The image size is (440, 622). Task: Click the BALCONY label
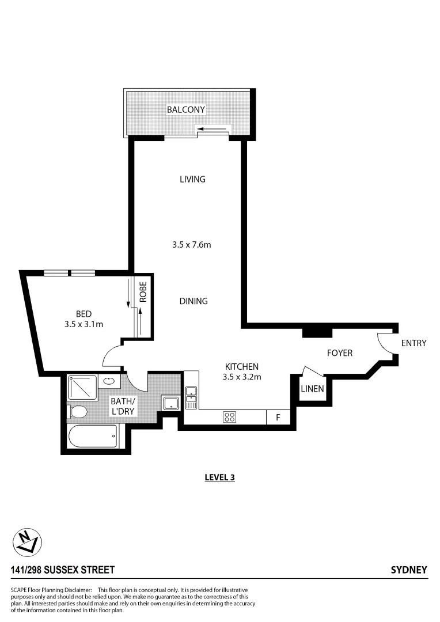pos(185,109)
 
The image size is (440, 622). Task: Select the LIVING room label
pos(192,179)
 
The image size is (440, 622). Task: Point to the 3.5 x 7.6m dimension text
pos(192,245)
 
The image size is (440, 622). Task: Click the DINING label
pos(193,301)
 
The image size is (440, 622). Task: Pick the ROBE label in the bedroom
pos(143,291)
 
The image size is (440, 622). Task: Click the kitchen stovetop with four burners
pos(229,417)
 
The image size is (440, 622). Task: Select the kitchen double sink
pos(191,397)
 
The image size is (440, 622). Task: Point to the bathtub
pos(93,437)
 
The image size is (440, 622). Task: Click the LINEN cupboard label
pos(312,389)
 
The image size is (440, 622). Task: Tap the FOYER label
pos(339,353)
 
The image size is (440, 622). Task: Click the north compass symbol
pos(27,542)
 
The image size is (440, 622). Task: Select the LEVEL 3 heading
pos(219,477)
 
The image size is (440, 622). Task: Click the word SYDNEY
pos(409,570)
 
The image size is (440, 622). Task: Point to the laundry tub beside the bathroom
pos(170,403)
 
